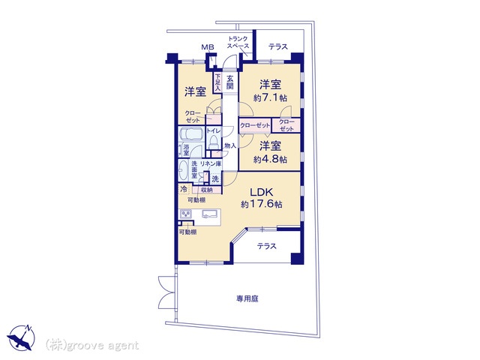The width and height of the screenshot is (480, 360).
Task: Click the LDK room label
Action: [261, 192]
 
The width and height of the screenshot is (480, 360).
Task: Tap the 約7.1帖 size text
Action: [270, 98]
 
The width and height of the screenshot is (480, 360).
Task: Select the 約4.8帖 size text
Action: [270, 160]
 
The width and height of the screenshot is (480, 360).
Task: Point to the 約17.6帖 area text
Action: [262, 204]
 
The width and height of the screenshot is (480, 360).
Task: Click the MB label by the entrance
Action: [208, 47]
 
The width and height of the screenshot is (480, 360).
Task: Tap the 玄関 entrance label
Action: [230, 82]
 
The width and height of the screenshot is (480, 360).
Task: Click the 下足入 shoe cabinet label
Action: [217, 82]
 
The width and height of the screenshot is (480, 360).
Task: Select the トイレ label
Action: [213, 130]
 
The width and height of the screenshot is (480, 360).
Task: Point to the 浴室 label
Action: [186, 150]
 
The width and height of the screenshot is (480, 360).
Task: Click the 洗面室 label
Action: [194, 169]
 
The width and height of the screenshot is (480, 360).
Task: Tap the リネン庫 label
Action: [210, 163]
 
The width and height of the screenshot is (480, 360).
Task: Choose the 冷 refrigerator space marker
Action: [184, 189]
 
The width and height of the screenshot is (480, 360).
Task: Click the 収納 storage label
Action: [207, 190]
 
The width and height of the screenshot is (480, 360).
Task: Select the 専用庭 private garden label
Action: [247, 298]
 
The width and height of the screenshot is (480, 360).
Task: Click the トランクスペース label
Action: [238, 42]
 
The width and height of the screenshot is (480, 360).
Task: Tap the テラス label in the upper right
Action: [278, 46]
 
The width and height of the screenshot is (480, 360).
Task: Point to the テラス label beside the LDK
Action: [267, 246]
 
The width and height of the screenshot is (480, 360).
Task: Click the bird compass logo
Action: [21, 337]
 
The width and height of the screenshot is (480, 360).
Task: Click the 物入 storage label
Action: [230, 146]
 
